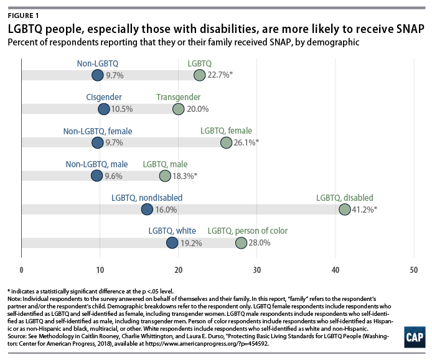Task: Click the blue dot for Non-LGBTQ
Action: [97, 75]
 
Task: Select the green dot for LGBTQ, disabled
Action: [344, 210]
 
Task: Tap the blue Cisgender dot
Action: [103, 109]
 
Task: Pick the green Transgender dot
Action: [178, 109]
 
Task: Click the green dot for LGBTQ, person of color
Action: [241, 243]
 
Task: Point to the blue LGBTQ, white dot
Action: [172, 243]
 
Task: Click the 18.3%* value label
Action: [185, 177]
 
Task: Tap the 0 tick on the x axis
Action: [22, 270]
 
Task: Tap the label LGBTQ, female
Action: [226, 131]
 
